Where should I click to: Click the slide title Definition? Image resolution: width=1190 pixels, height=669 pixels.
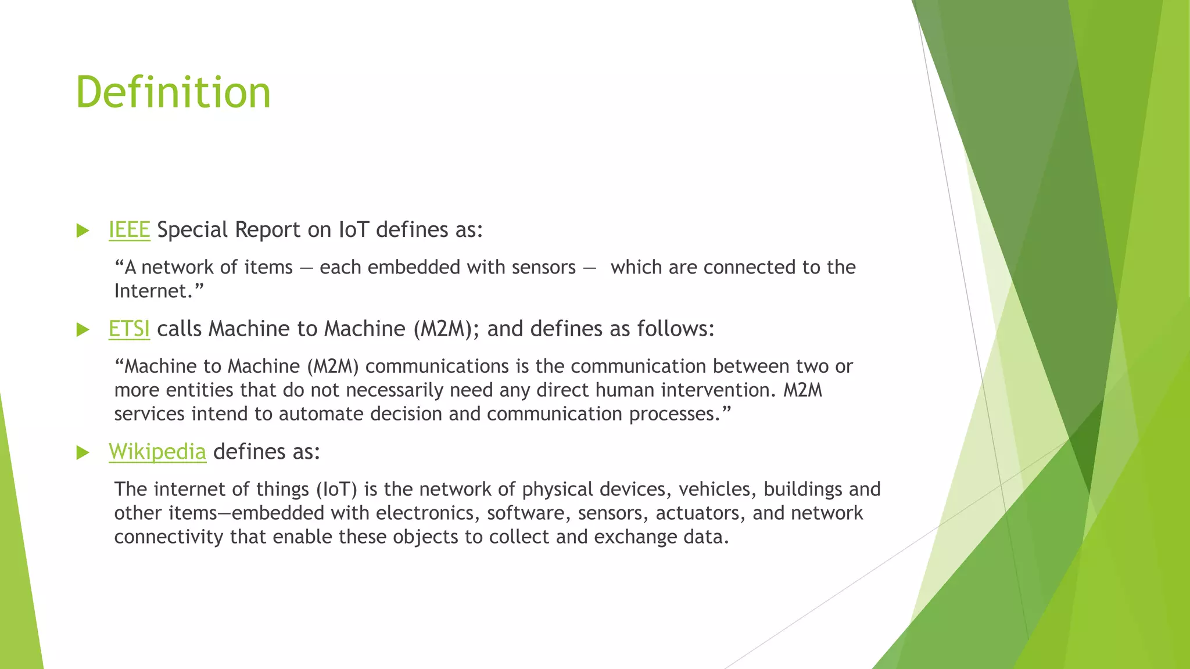coord(173,92)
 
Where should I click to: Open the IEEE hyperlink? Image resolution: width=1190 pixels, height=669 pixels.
coord(129,230)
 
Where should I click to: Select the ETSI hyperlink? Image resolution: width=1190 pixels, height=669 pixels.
coord(129,329)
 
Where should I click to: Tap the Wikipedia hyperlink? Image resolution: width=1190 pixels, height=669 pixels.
coord(157,452)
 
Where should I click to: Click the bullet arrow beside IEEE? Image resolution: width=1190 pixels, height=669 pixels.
coord(83,231)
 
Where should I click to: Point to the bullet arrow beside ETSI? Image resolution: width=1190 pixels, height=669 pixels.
coord(83,330)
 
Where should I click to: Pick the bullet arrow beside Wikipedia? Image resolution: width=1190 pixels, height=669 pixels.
coord(83,452)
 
